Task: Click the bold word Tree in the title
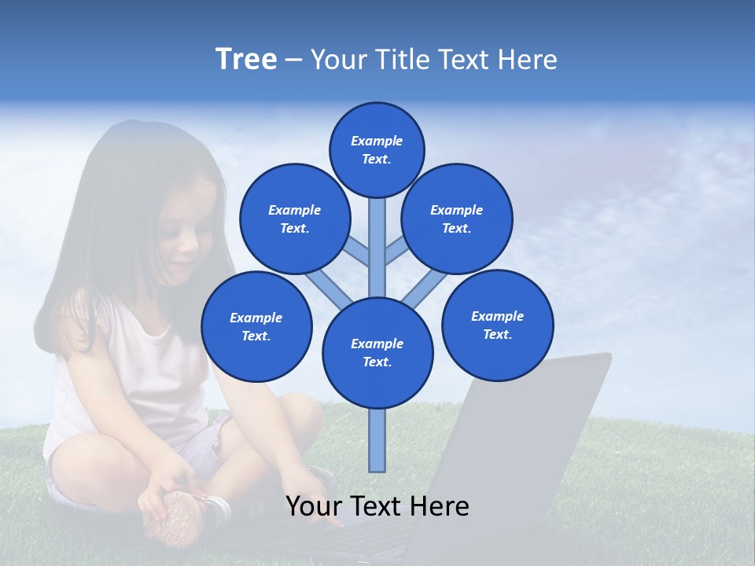pyautogui.click(x=246, y=59)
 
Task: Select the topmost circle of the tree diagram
pyautogui.click(x=377, y=149)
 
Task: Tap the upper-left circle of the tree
pyautogui.click(x=295, y=219)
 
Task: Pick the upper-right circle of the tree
pyautogui.click(x=457, y=219)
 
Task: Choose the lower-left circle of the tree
pyautogui.click(x=256, y=326)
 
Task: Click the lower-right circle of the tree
pyautogui.click(x=497, y=325)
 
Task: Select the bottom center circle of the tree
pyautogui.click(x=377, y=353)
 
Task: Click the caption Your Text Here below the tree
pyautogui.click(x=377, y=506)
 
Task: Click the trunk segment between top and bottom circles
pyautogui.click(x=377, y=248)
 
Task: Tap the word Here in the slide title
pyautogui.click(x=528, y=59)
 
